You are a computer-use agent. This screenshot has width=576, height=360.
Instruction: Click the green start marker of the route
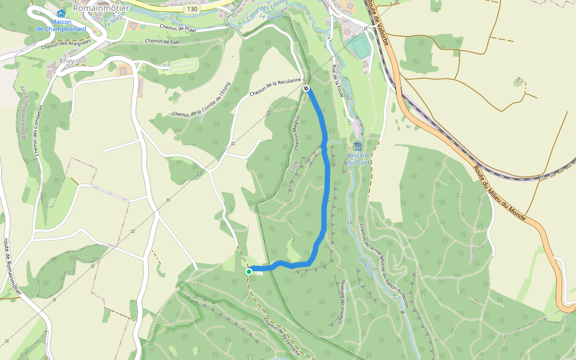(249, 272)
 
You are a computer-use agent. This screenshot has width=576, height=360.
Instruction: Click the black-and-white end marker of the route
(307, 89)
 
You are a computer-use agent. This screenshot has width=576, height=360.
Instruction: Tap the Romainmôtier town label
(101, 8)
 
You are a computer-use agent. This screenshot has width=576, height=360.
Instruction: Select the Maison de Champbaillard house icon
(61, 14)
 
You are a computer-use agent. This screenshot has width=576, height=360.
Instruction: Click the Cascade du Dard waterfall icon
(358, 147)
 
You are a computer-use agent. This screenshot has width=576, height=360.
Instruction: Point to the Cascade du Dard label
(358, 159)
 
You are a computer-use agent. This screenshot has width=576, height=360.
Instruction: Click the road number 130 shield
(192, 10)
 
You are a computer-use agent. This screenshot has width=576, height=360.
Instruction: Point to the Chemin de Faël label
(162, 41)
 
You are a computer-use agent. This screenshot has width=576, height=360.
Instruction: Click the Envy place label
(67, 61)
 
